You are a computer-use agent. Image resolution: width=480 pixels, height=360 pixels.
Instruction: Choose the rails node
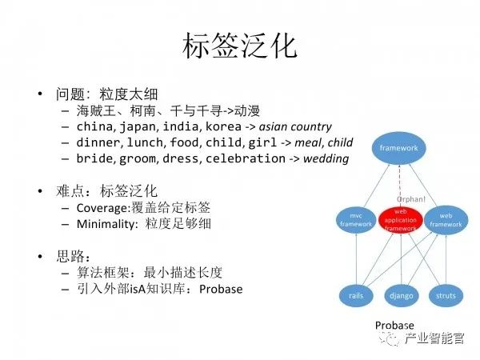(x=356, y=295)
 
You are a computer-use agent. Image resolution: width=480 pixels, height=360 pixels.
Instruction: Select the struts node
(x=446, y=295)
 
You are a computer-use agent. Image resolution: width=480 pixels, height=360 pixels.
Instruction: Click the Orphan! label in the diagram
(x=413, y=198)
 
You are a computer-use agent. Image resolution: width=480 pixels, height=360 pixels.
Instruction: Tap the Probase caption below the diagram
(x=394, y=326)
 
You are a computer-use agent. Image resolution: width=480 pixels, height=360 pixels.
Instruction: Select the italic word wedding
(x=326, y=158)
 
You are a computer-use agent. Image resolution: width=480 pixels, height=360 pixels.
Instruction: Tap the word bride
(x=94, y=158)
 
